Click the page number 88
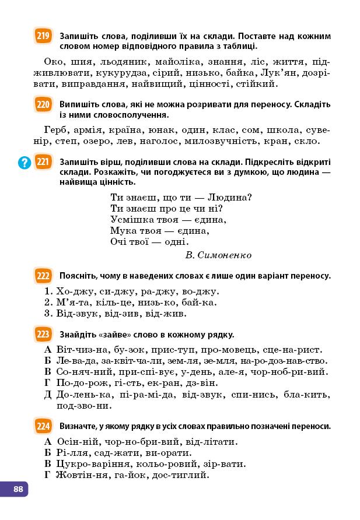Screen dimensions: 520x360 [x=18, y=489]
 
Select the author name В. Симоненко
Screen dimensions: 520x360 [x=218, y=255]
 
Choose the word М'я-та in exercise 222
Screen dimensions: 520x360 [x=72, y=303]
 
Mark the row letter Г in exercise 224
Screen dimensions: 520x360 [x=48, y=475]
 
